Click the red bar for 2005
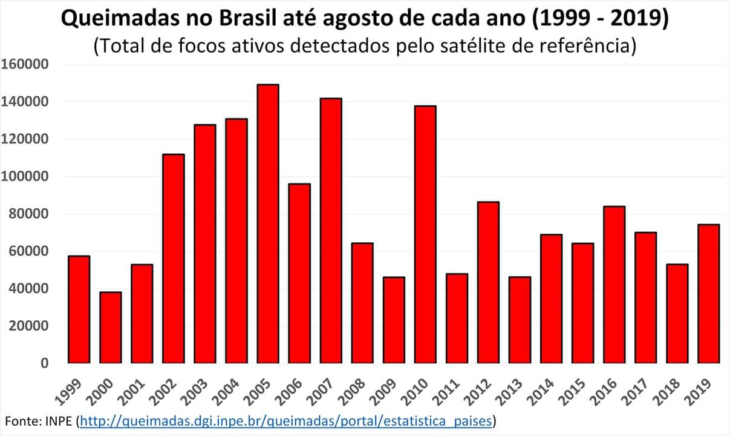click(267, 223)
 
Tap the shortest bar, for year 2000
click(110, 327)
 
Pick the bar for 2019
click(708, 294)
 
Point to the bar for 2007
click(331, 230)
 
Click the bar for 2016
click(614, 285)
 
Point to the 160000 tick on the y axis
click(25, 64)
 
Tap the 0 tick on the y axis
click(44, 363)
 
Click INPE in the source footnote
click(60, 420)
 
